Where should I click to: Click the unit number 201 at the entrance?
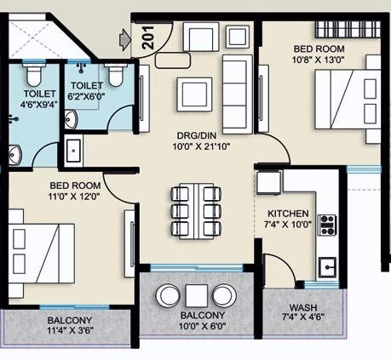tap(147, 37)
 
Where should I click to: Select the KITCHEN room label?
tap(288, 214)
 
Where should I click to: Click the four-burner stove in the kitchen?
tap(327, 226)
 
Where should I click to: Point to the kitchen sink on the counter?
tap(327, 267)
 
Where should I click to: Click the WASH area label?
tap(303, 307)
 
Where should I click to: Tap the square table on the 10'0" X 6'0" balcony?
tap(196, 295)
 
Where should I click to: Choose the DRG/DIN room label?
tap(197, 134)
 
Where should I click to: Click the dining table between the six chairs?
tap(197, 211)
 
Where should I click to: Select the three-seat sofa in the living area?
tap(238, 94)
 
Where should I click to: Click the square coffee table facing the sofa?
tap(194, 94)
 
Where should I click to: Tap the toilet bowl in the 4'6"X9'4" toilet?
tap(34, 75)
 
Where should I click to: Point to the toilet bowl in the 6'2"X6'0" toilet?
tap(116, 75)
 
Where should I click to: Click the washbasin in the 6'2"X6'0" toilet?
tap(71, 119)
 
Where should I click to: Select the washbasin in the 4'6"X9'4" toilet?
tap(14, 155)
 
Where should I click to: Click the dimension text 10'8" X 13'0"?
tap(319, 60)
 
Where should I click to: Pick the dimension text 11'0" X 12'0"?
tap(74, 197)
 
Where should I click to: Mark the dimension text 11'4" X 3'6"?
tap(71, 330)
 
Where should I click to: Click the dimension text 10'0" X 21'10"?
tap(201, 146)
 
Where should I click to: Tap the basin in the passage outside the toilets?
tap(73, 151)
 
